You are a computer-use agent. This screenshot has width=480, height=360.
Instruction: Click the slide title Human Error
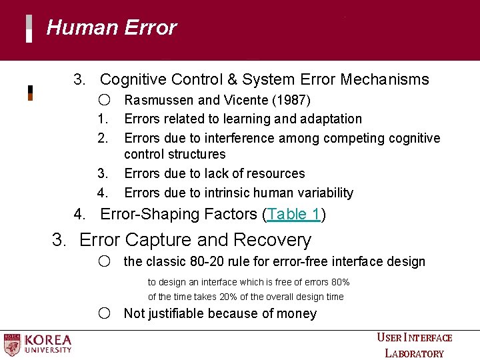(x=111, y=28)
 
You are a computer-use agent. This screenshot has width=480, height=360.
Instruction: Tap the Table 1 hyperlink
(x=293, y=215)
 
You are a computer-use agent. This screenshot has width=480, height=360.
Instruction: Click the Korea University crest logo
(x=12, y=344)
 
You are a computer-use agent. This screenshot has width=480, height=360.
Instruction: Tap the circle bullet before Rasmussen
(x=103, y=100)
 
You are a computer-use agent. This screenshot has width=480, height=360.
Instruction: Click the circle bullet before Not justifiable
(x=103, y=313)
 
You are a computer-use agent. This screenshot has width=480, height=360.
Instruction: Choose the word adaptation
(x=330, y=119)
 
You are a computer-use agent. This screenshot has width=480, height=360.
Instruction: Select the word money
(x=297, y=313)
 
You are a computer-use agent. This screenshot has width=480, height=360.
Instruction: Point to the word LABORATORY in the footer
(x=414, y=353)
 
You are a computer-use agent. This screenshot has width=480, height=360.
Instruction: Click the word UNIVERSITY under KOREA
(x=48, y=350)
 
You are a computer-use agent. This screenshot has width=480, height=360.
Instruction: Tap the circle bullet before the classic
(x=103, y=261)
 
